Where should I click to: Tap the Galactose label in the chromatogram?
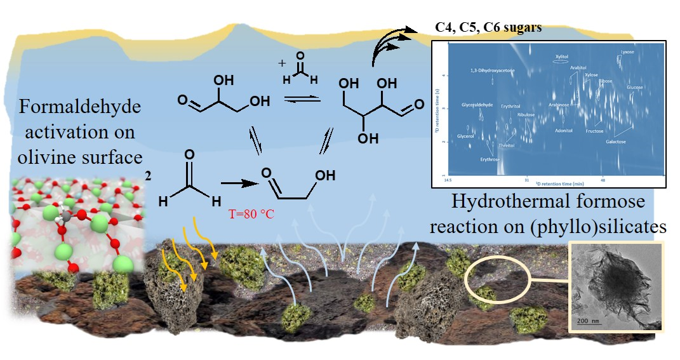tap(615, 142)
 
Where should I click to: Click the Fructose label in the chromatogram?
tap(594, 131)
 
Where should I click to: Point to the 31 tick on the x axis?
tap(527, 179)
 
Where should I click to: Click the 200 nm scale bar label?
tap(590, 320)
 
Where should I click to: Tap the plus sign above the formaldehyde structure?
tap(280, 63)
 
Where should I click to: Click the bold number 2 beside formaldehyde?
tap(148, 177)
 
